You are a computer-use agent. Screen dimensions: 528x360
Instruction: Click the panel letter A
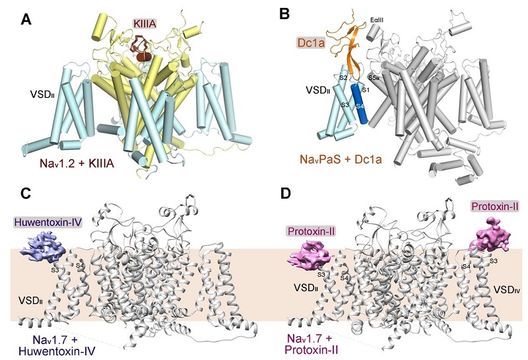point(26,20)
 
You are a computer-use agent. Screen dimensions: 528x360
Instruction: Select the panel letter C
point(26,194)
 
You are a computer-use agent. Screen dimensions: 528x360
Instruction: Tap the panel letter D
point(286,194)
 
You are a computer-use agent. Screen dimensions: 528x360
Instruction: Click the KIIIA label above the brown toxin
point(145,24)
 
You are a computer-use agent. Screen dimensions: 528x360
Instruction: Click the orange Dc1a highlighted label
point(311,42)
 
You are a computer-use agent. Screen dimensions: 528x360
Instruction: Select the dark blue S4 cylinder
point(360,104)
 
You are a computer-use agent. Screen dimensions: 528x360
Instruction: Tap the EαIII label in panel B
point(377,20)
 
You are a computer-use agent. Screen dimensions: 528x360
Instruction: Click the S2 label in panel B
point(343,78)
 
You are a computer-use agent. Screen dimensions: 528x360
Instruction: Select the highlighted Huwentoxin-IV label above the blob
point(48,222)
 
